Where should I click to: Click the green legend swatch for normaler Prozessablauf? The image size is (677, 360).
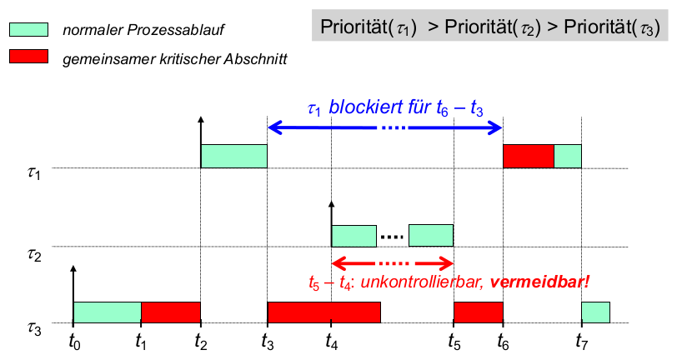29,30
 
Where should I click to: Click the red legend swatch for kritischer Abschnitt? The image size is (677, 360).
29,57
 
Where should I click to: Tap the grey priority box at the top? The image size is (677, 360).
489,27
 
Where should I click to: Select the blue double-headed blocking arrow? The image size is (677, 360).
384,127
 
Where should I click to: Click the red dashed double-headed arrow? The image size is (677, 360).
392,262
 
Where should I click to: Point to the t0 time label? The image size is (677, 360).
73,340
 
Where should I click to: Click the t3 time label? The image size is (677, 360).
267,340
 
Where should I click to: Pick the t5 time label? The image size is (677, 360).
454,340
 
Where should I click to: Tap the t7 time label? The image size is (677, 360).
581,340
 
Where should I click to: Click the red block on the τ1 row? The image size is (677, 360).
528,156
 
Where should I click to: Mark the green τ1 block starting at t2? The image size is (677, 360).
233,156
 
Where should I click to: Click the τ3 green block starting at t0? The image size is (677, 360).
107,312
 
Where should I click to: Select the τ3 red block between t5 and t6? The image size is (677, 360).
478,312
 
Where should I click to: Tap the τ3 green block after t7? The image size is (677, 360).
595,312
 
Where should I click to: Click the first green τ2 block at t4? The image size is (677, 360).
354,236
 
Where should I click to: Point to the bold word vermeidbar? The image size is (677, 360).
539,282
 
